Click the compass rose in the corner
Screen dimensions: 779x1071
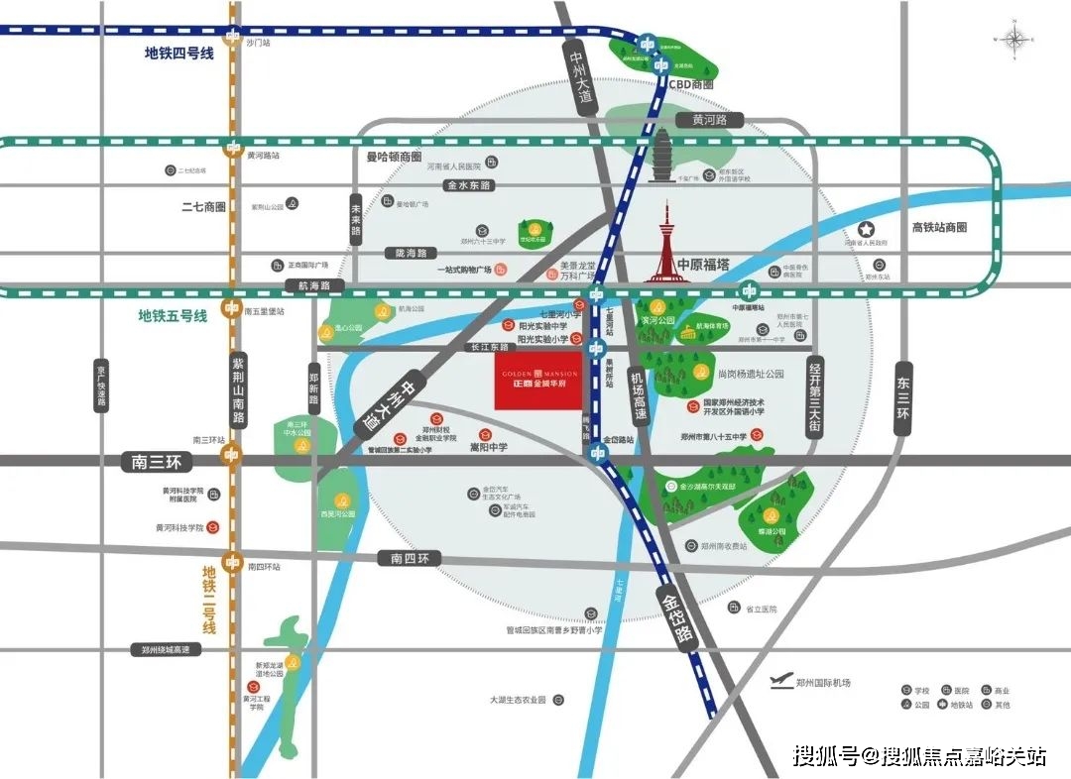(1016, 40)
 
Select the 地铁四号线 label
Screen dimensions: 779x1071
(178, 54)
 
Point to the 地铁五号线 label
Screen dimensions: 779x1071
(173, 315)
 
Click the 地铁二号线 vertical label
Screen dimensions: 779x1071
(209, 600)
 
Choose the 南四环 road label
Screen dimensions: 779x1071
(409, 559)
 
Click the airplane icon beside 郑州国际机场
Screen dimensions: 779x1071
(782, 681)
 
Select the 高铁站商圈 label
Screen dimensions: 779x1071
(938, 227)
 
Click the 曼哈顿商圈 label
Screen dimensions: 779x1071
(387, 157)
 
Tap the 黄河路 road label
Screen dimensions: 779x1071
(710, 120)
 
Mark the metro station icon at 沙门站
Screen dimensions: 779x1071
(232, 41)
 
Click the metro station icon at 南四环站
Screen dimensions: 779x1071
(232, 562)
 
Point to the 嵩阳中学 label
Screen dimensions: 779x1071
(488, 448)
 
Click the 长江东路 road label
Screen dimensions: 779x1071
(490, 347)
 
